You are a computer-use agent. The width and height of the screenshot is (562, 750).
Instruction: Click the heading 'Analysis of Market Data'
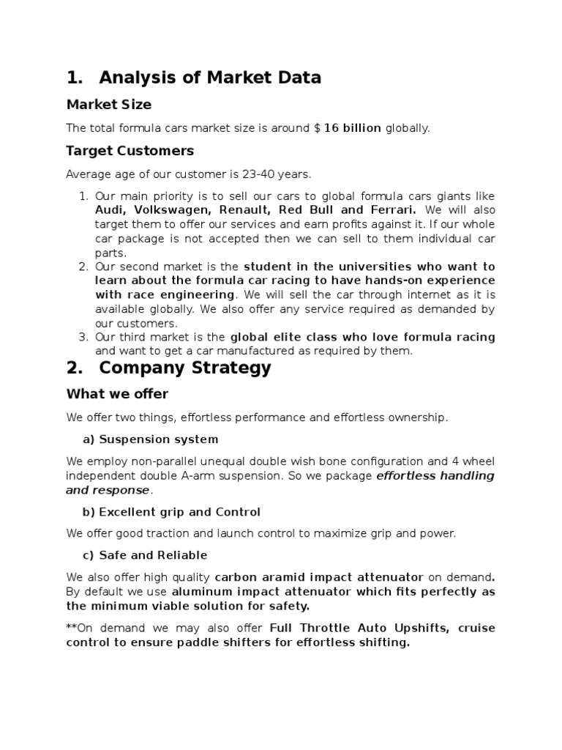(x=210, y=78)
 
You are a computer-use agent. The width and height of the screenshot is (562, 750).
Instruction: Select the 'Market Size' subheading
(x=109, y=105)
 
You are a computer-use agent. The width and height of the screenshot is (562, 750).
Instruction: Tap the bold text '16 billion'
(x=352, y=128)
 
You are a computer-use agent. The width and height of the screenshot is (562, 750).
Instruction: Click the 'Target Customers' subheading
(x=130, y=151)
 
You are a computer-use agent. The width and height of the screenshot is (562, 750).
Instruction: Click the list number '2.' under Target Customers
(x=83, y=267)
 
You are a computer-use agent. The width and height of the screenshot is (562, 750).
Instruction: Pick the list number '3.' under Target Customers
(x=83, y=337)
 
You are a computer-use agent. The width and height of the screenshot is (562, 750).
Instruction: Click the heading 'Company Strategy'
(x=185, y=368)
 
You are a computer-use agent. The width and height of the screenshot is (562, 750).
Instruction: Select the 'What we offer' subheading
(x=117, y=394)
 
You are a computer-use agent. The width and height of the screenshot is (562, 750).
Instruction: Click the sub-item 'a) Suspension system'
(x=150, y=439)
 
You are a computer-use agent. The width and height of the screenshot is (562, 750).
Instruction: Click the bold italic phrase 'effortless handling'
(x=435, y=476)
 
